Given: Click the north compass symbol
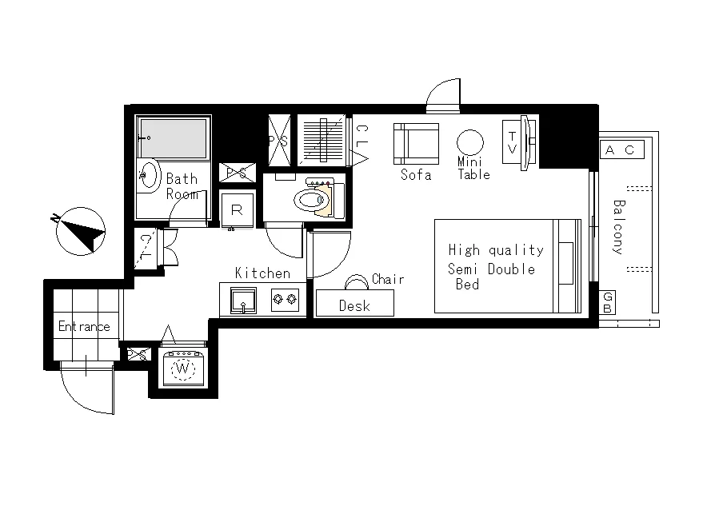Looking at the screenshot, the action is tap(80, 231).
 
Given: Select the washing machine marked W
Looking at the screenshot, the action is tap(182, 369).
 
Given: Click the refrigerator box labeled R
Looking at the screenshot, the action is tap(237, 210).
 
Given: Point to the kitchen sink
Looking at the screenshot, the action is tap(243, 300).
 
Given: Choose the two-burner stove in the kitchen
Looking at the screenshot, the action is tap(285, 300).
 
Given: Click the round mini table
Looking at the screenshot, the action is tap(469, 142).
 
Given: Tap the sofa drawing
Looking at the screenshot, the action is tap(416, 144).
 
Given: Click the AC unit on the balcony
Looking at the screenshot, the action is tap(622, 149).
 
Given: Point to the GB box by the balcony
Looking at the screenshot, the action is tap(608, 302).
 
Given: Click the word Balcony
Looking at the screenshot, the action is tap(619, 227).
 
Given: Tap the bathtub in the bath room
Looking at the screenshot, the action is tap(174, 138).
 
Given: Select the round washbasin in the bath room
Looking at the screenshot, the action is tap(149, 174).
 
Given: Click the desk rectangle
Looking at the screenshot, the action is tap(354, 303).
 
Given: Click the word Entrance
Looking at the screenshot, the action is tap(85, 326).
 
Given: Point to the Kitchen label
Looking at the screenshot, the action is tap(262, 273).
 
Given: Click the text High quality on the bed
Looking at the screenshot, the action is tap(496, 250).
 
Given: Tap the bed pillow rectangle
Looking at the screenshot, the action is tap(565, 263).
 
